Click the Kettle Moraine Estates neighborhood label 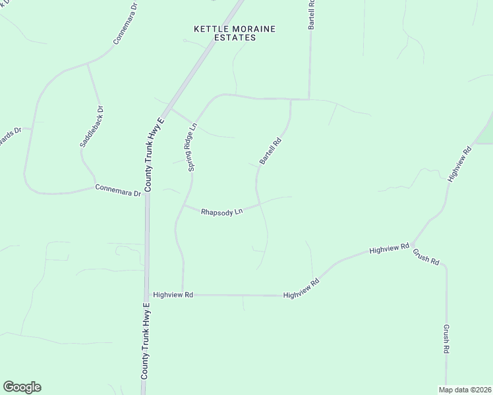(235, 33)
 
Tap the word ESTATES (235, 38)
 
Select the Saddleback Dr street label (92, 126)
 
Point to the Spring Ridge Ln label (192, 147)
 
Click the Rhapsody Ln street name (222, 213)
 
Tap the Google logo (22, 387)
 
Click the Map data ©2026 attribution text (465, 389)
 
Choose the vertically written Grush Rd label (446, 340)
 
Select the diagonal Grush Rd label (426, 256)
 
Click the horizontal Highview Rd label (173, 295)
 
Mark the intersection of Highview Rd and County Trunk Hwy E (146, 295)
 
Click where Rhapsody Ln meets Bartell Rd (258, 205)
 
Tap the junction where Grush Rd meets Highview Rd (412, 244)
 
